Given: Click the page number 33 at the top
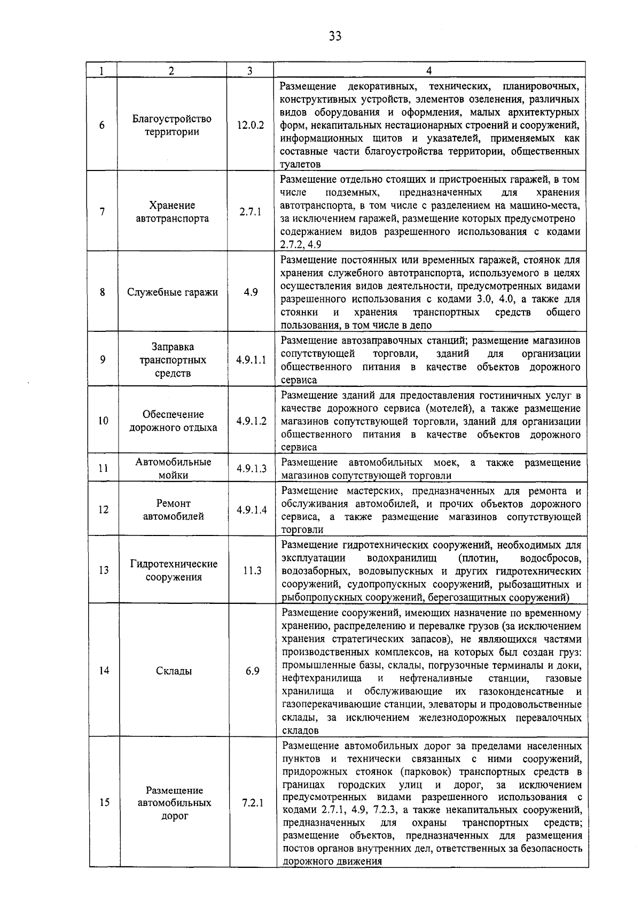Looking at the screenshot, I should click(x=335, y=36).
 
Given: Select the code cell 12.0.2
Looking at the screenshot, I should click(x=250, y=126).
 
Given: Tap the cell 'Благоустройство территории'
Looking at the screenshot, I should click(x=172, y=125).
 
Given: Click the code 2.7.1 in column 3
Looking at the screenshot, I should click(x=250, y=212).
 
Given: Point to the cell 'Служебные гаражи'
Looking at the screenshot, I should click(x=173, y=292).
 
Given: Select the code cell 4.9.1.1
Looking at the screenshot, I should click(x=251, y=360).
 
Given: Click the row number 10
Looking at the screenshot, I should click(x=103, y=421).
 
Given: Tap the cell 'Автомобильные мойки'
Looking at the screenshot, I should click(x=173, y=468).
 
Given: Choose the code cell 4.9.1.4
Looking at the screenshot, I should click(x=251, y=510).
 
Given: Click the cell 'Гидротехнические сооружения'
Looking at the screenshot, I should click(x=174, y=570).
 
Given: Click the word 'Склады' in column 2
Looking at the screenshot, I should click(x=174, y=671).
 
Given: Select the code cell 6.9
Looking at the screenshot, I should click(x=252, y=671).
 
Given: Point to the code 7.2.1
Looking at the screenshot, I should click(x=252, y=803).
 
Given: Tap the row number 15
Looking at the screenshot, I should click(x=104, y=803).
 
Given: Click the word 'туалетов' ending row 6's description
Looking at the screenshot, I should click(x=300, y=165).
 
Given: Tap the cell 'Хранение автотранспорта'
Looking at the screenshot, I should click(x=172, y=212).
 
